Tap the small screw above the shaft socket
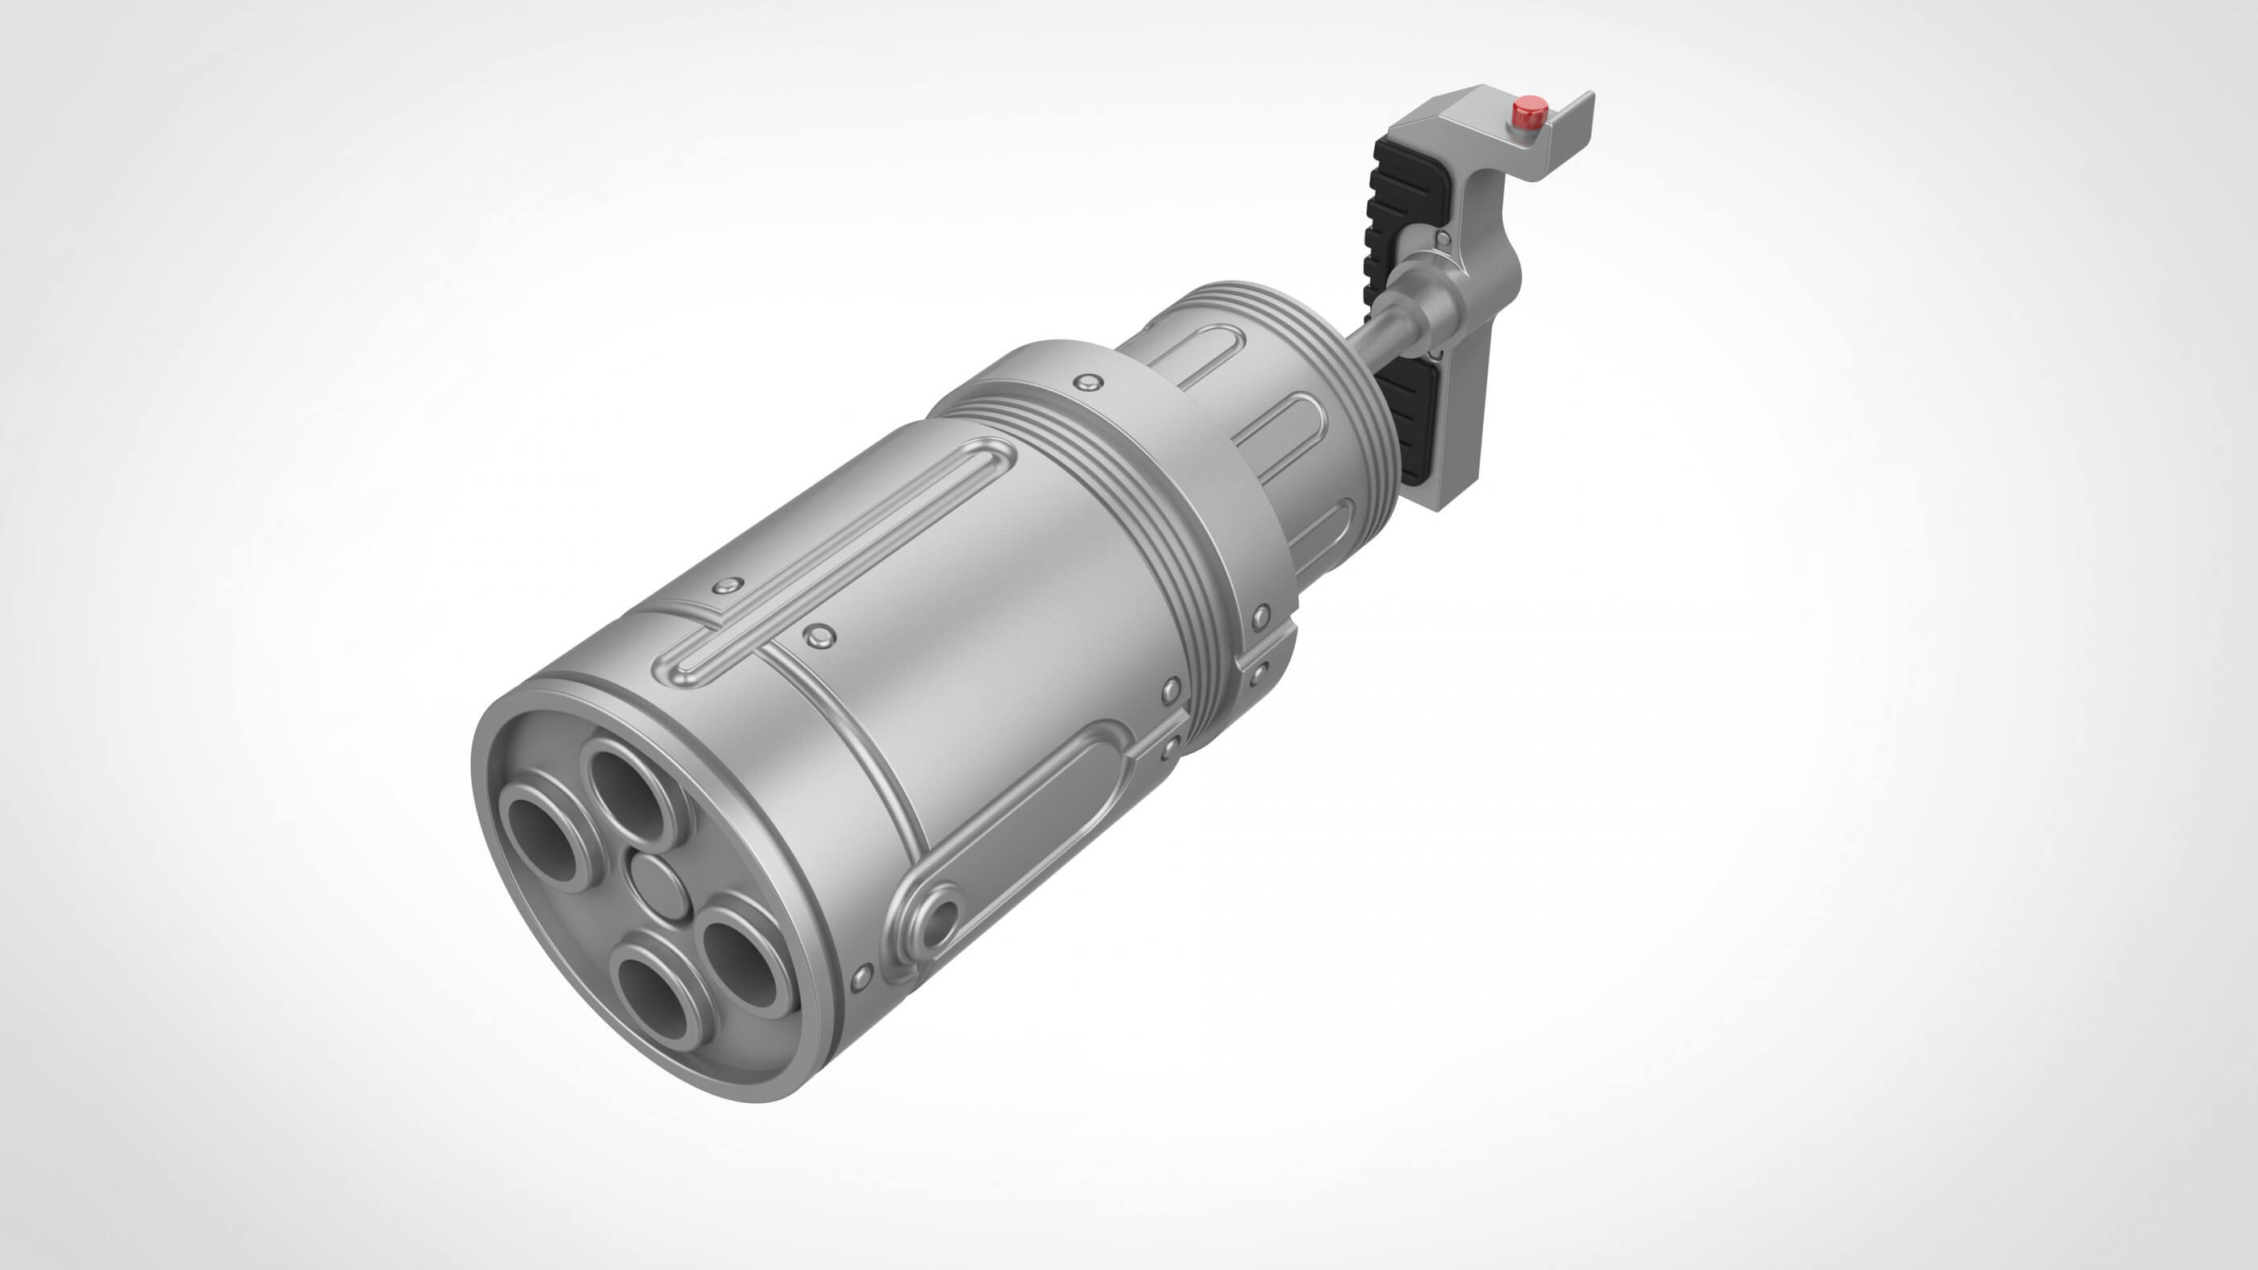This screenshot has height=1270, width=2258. click(x=1440, y=239)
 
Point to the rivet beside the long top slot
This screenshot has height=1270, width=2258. click(x=819, y=635)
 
